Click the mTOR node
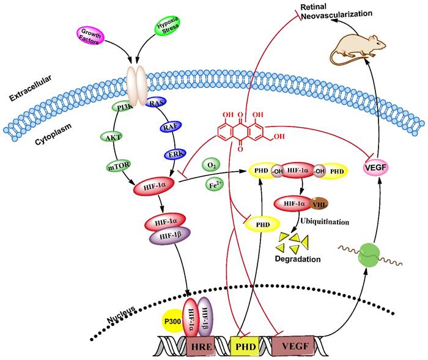click(x=117, y=163)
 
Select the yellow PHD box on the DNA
click(x=246, y=345)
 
